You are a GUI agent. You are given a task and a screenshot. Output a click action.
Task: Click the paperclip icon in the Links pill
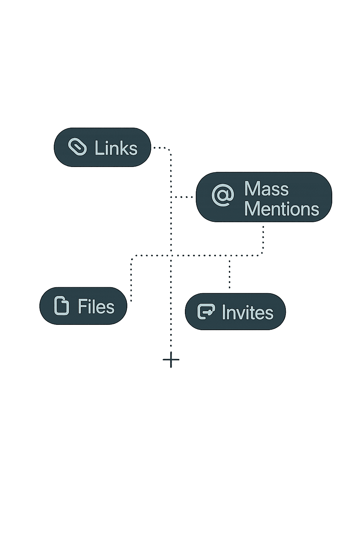(x=77, y=147)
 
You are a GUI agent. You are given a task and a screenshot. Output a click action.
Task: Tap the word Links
(x=116, y=148)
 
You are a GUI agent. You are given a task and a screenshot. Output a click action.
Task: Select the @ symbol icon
(x=223, y=195)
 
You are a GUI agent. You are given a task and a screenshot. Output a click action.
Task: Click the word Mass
(x=266, y=189)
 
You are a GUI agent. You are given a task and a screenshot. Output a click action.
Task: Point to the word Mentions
(x=281, y=209)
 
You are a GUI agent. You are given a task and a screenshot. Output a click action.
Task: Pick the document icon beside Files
(x=62, y=306)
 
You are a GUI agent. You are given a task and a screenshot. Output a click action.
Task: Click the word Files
(x=96, y=307)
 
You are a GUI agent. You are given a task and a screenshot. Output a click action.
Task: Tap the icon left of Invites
(x=206, y=311)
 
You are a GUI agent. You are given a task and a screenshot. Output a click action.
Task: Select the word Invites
(x=247, y=313)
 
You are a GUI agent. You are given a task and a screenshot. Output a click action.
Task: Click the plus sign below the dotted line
(x=171, y=360)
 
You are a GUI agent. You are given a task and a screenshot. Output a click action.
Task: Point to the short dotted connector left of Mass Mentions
(x=182, y=197)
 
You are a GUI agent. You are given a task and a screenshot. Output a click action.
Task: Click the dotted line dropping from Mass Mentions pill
(x=263, y=239)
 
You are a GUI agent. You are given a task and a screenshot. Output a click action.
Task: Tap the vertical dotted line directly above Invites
(x=230, y=274)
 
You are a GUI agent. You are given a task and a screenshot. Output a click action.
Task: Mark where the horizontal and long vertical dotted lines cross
(x=171, y=256)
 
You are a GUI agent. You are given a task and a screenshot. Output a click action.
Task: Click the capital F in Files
(x=82, y=307)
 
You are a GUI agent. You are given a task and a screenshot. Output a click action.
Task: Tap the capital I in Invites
(x=224, y=313)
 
